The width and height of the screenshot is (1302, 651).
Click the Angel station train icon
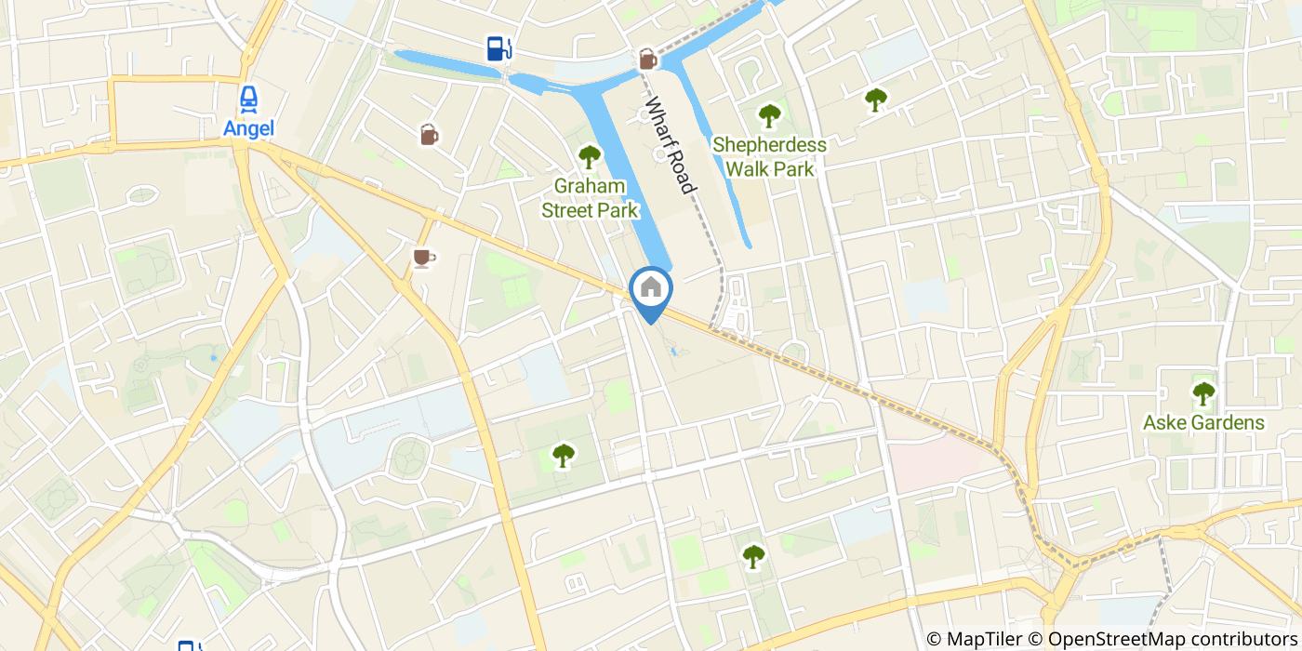pos(248,98)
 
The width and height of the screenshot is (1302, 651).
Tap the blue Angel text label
pos(248,128)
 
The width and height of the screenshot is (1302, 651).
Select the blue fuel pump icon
pos(498,47)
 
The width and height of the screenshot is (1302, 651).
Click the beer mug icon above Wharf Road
pos(647,60)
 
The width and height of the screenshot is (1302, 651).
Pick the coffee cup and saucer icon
pos(423,257)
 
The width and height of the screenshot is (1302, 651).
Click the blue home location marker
pos(651,289)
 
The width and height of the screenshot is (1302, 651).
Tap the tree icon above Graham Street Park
pos(589,157)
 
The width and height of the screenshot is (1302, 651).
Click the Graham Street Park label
pos(590,198)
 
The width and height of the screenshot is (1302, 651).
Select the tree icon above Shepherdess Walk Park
pos(768,116)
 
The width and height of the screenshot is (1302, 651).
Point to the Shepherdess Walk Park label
pos(769,157)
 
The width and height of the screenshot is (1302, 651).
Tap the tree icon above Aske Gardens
pos(1203,393)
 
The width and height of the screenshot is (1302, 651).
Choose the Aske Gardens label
pos(1203,423)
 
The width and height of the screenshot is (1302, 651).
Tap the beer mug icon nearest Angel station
pos(429,136)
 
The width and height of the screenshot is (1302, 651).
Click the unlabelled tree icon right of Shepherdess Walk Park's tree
pos(875,99)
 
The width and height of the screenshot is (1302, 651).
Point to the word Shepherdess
pos(769,145)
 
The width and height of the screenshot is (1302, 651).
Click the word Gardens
pos(1230,423)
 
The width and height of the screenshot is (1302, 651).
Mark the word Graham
pos(590,186)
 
